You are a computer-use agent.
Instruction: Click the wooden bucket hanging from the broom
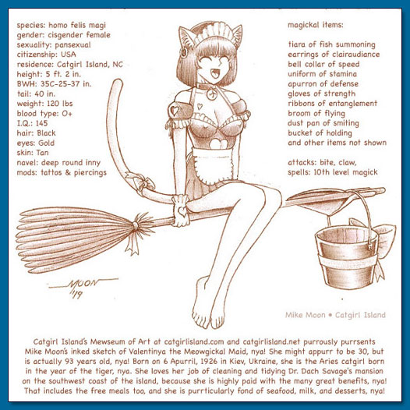[346, 257]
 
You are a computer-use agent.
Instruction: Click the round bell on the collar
[211, 94]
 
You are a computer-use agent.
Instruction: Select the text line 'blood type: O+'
[44, 114]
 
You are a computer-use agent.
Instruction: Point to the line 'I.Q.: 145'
[32, 123]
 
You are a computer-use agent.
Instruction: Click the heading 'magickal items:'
[316, 25]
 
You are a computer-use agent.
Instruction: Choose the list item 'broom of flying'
[316, 113]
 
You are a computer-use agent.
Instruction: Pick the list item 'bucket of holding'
[320, 133]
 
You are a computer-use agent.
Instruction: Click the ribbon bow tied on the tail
[140, 181]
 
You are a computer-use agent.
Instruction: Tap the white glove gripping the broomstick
[181, 210]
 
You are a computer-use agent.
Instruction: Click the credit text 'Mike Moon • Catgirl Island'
[335, 315]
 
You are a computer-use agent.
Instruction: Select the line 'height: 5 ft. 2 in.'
[49, 74]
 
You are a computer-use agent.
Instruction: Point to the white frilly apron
[212, 164]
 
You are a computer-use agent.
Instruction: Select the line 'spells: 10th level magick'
[333, 172]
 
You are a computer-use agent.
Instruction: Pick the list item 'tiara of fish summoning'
[331, 44]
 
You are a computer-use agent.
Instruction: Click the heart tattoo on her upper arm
[174, 111]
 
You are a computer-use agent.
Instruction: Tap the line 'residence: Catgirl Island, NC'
[70, 65]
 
